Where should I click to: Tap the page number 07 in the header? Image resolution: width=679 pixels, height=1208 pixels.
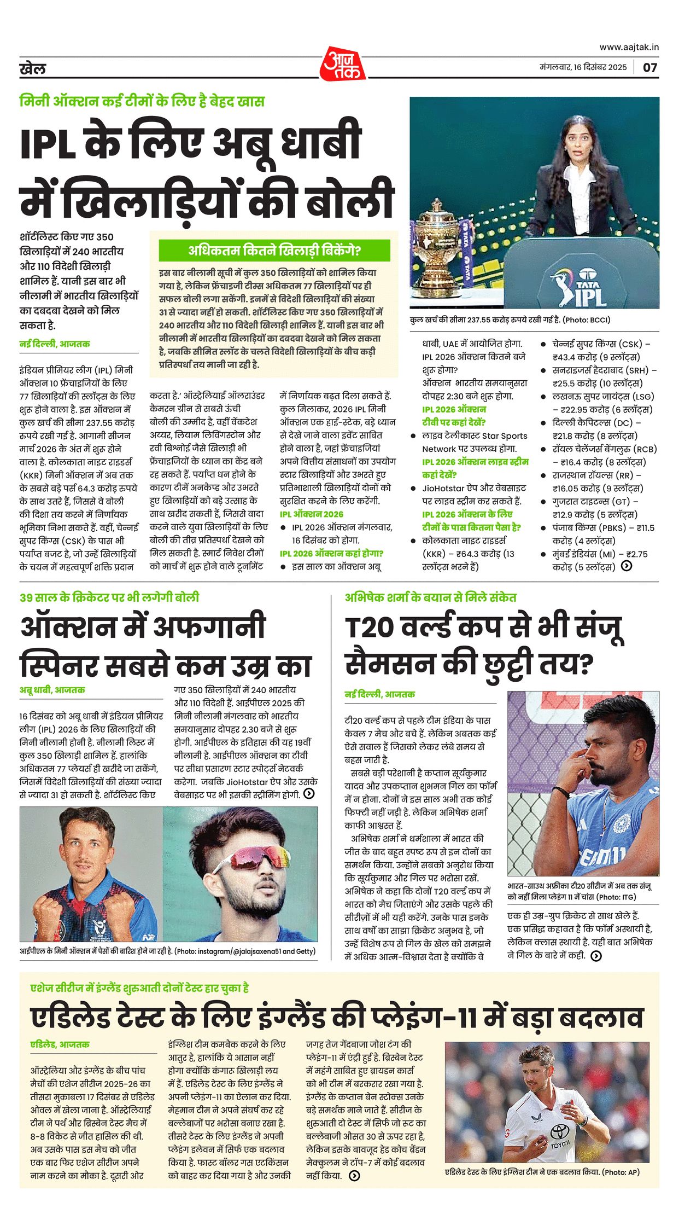(x=649, y=68)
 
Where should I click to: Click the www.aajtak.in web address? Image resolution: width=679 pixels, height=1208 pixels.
(x=629, y=48)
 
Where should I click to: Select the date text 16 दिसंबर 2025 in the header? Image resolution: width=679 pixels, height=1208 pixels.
(x=601, y=67)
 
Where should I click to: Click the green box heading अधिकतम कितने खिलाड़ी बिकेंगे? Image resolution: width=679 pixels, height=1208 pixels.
(x=274, y=251)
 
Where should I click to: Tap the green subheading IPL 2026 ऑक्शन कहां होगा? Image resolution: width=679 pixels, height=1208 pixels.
(x=331, y=554)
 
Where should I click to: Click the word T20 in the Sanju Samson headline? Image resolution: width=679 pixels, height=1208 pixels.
(x=370, y=628)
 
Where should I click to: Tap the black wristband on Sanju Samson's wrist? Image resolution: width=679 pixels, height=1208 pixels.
(x=561, y=792)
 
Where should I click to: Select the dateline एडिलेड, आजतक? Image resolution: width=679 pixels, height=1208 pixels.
(x=60, y=1044)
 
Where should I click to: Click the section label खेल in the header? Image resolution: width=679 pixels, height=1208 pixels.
(x=33, y=69)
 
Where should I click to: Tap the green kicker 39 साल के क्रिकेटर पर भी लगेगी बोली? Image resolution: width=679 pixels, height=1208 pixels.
(x=109, y=597)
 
